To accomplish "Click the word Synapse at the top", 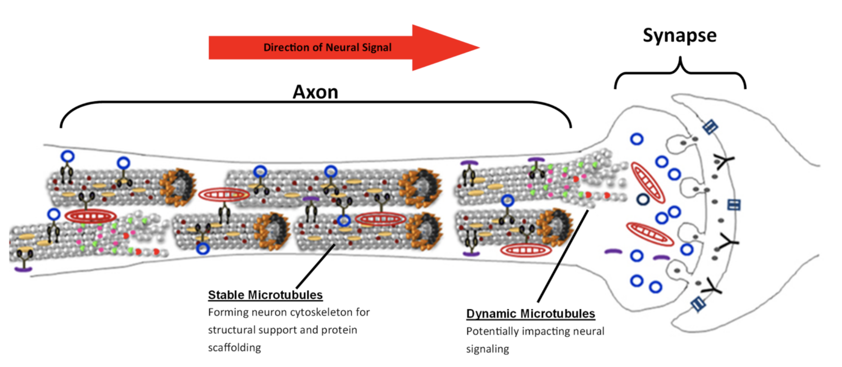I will click(x=679, y=35).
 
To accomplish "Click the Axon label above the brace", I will click(x=315, y=92).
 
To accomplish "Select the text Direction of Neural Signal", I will click(x=327, y=47).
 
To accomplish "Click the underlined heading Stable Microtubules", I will click(x=265, y=295).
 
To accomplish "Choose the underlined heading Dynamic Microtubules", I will click(x=530, y=314).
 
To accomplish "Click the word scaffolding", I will click(x=234, y=348).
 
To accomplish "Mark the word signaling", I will click(x=487, y=349).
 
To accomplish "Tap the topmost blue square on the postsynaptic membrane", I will click(x=710, y=127).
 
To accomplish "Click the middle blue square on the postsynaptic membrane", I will click(x=734, y=205).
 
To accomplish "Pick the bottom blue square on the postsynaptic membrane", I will click(x=698, y=304).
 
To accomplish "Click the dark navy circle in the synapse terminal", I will click(x=643, y=199).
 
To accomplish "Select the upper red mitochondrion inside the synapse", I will click(x=648, y=182).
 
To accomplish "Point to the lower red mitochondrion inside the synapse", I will click(x=650, y=234).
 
